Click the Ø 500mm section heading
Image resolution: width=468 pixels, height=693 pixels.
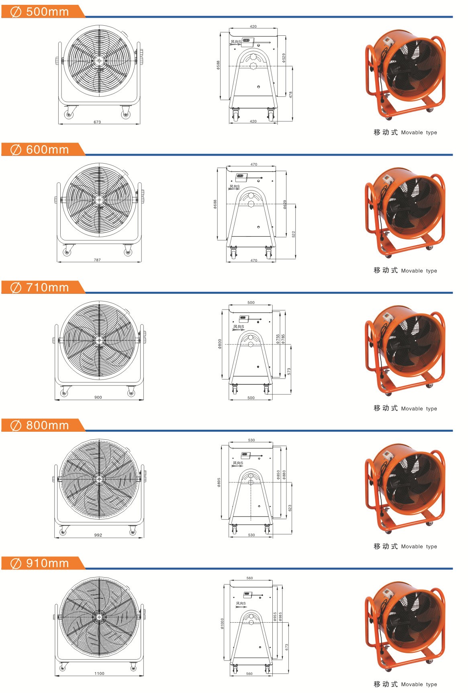[x=39, y=12]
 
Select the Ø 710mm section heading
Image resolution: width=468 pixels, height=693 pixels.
[x=39, y=287]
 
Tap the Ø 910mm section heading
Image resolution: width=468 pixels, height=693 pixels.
[x=39, y=563]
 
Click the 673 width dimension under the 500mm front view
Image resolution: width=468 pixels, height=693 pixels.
[x=97, y=122]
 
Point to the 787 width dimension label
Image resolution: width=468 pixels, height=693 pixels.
[x=97, y=260]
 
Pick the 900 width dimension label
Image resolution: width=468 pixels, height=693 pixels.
[x=98, y=397]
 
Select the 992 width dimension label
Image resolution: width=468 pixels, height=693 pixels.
[x=98, y=535]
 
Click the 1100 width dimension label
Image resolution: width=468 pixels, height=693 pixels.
[x=99, y=673]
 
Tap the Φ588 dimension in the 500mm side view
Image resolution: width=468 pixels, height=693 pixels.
[x=218, y=65]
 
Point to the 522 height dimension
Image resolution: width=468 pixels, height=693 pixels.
[x=294, y=234]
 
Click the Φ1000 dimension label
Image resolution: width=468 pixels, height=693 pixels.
[x=222, y=623]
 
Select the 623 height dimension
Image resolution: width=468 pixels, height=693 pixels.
[x=290, y=508]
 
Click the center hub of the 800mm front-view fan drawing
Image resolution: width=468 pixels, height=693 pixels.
[x=99, y=479]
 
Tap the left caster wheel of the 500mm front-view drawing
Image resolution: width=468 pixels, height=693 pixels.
[x=69, y=115]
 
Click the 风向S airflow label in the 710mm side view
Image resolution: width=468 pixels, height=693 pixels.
[x=239, y=327]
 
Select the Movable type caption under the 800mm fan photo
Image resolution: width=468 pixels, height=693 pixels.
[x=419, y=546]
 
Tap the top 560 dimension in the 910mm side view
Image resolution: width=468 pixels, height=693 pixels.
[x=249, y=578]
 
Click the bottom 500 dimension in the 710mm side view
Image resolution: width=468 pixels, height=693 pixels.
[x=251, y=398]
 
